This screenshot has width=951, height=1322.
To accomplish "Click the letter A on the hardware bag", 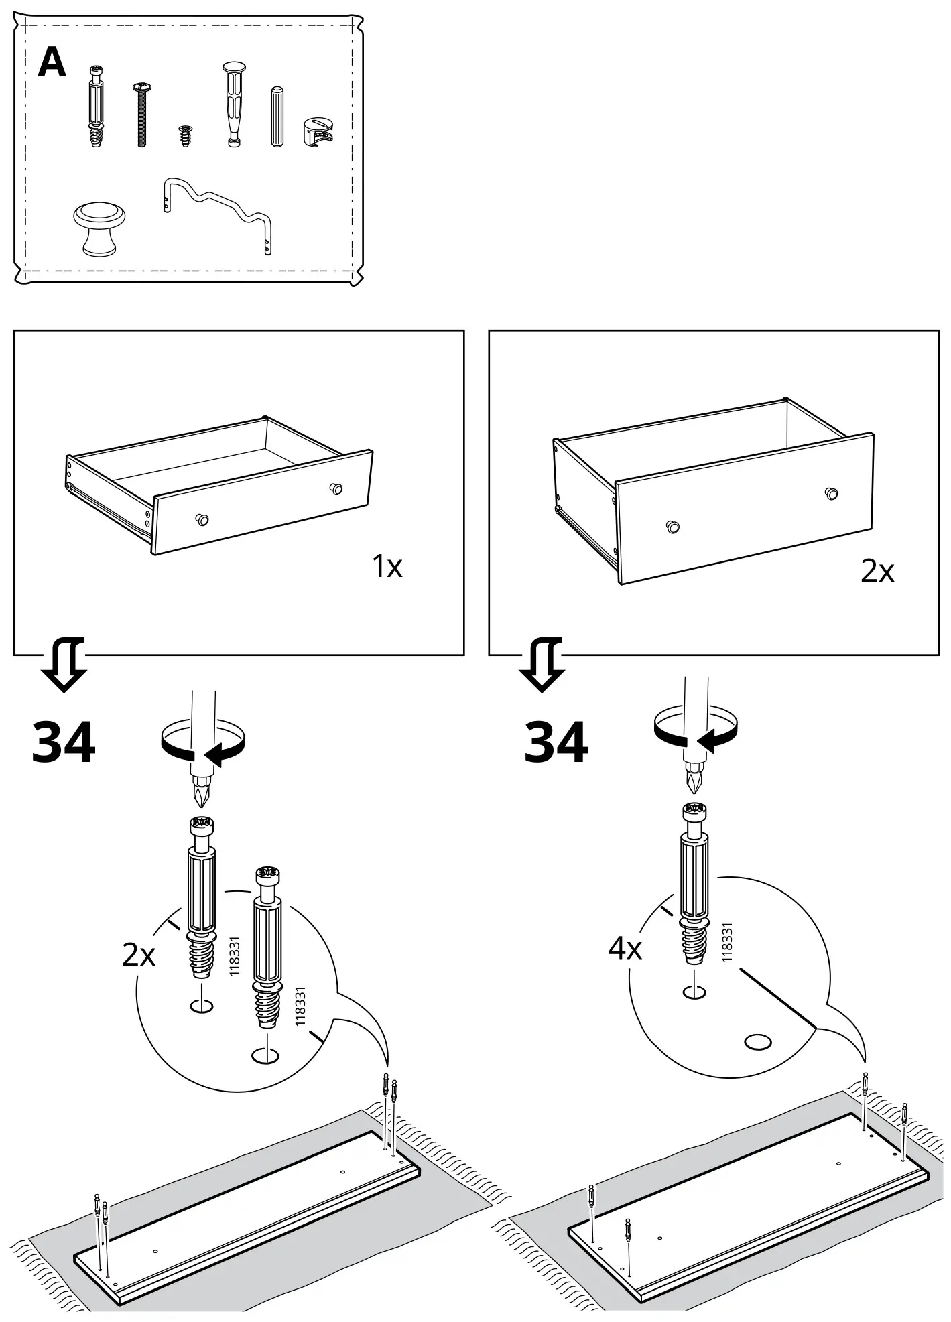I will (x=52, y=64).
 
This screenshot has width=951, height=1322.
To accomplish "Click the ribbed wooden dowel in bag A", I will (x=277, y=117).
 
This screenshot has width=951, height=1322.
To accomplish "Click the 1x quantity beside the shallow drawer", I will (x=387, y=567).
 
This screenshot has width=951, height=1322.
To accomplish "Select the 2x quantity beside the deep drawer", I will (x=877, y=572).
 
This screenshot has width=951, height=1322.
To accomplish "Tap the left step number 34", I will (x=64, y=742).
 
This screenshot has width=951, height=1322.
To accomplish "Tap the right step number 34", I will (x=556, y=742).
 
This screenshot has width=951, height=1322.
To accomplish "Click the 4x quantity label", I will (x=625, y=949).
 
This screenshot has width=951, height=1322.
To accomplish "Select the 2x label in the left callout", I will (x=138, y=955).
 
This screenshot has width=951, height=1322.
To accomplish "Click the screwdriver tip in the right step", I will (x=694, y=780).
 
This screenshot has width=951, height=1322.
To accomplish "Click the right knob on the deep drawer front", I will (x=832, y=493).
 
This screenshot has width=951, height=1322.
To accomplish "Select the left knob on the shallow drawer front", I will (x=201, y=518).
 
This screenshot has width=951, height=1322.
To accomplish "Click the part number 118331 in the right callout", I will (x=727, y=942).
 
